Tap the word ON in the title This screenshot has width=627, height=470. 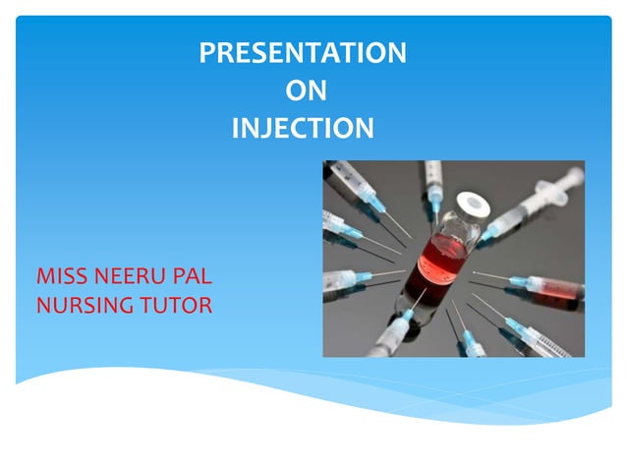coord(305,91)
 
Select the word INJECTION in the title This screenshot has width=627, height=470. coord(303,128)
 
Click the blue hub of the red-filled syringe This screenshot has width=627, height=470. coord(518,281)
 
